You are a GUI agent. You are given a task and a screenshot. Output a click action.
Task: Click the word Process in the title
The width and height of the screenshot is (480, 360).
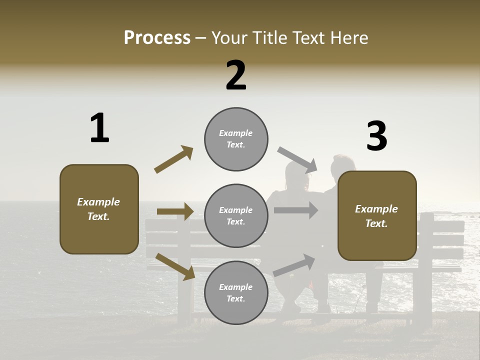[157, 38]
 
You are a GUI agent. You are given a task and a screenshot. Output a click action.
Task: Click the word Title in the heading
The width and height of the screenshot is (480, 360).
[270, 38]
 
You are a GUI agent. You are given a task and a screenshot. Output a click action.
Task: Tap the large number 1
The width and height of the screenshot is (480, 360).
[99, 128]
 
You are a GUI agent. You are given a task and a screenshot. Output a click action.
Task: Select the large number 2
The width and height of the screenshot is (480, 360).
[236, 75]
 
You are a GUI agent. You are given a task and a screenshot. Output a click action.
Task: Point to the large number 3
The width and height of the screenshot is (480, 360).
[376, 136]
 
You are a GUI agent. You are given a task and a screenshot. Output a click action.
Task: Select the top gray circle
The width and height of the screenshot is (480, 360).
[236, 139]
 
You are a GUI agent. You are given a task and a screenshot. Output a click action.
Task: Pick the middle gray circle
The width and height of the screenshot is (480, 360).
[236, 216]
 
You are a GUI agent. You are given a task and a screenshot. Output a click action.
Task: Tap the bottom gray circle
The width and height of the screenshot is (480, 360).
[236, 293]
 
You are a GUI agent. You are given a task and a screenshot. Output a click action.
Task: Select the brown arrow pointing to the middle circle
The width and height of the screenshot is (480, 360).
[175, 211]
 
